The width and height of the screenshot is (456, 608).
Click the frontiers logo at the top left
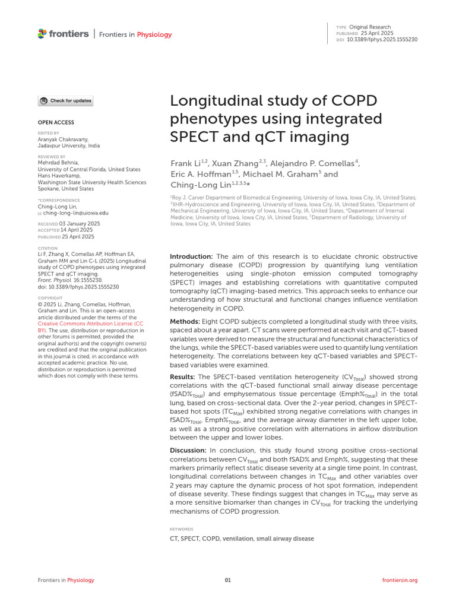[x=62, y=34]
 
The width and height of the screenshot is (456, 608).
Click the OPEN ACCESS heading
[x=56, y=122]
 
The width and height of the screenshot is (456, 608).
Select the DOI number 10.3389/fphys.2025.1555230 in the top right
[x=385, y=39]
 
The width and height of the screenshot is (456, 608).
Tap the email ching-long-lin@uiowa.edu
[x=76, y=213]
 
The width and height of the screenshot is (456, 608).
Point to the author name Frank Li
[x=185, y=163]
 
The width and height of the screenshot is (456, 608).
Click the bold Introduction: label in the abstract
[x=192, y=256]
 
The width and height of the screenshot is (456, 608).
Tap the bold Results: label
[x=183, y=377]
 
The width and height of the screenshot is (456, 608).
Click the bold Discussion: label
[x=188, y=451]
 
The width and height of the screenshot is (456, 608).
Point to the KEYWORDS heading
[x=182, y=528]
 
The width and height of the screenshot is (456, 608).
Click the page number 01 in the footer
[x=227, y=580]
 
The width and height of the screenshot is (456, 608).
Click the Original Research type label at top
[x=370, y=27]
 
